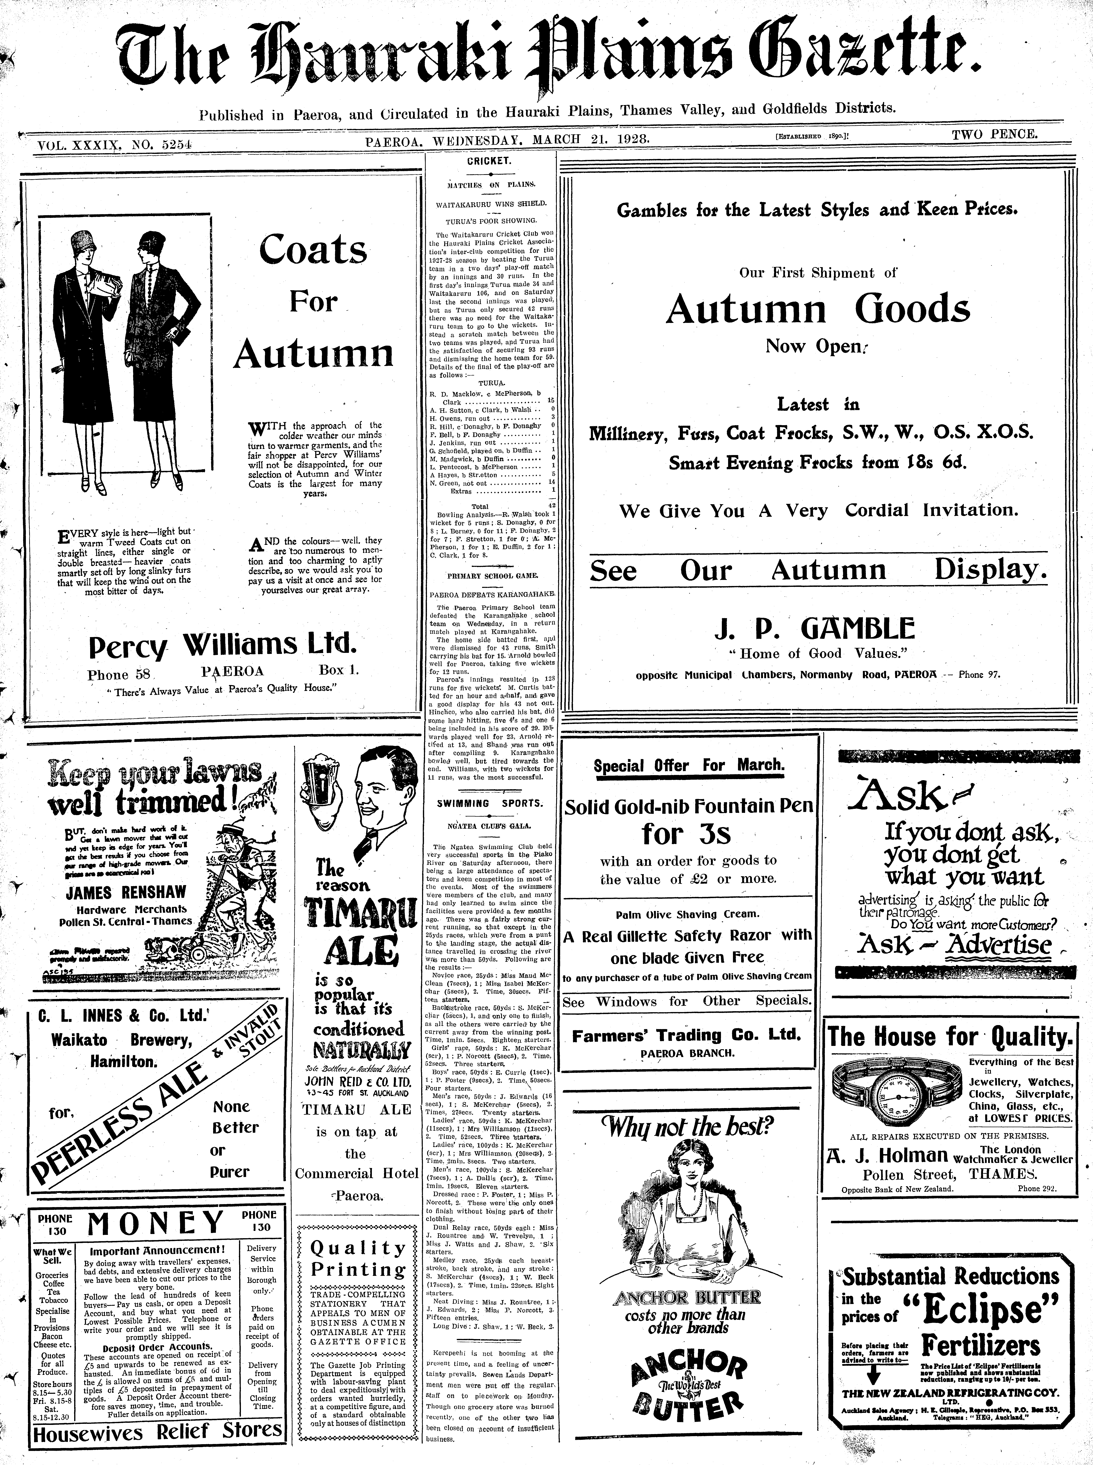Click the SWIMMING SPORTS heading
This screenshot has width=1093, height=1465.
click(490, 803)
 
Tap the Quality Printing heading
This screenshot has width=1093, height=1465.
click(358, 1259)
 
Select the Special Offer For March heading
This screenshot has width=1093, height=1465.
click(689, 766)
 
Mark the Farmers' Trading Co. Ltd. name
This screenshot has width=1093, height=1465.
click(686, 1035)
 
